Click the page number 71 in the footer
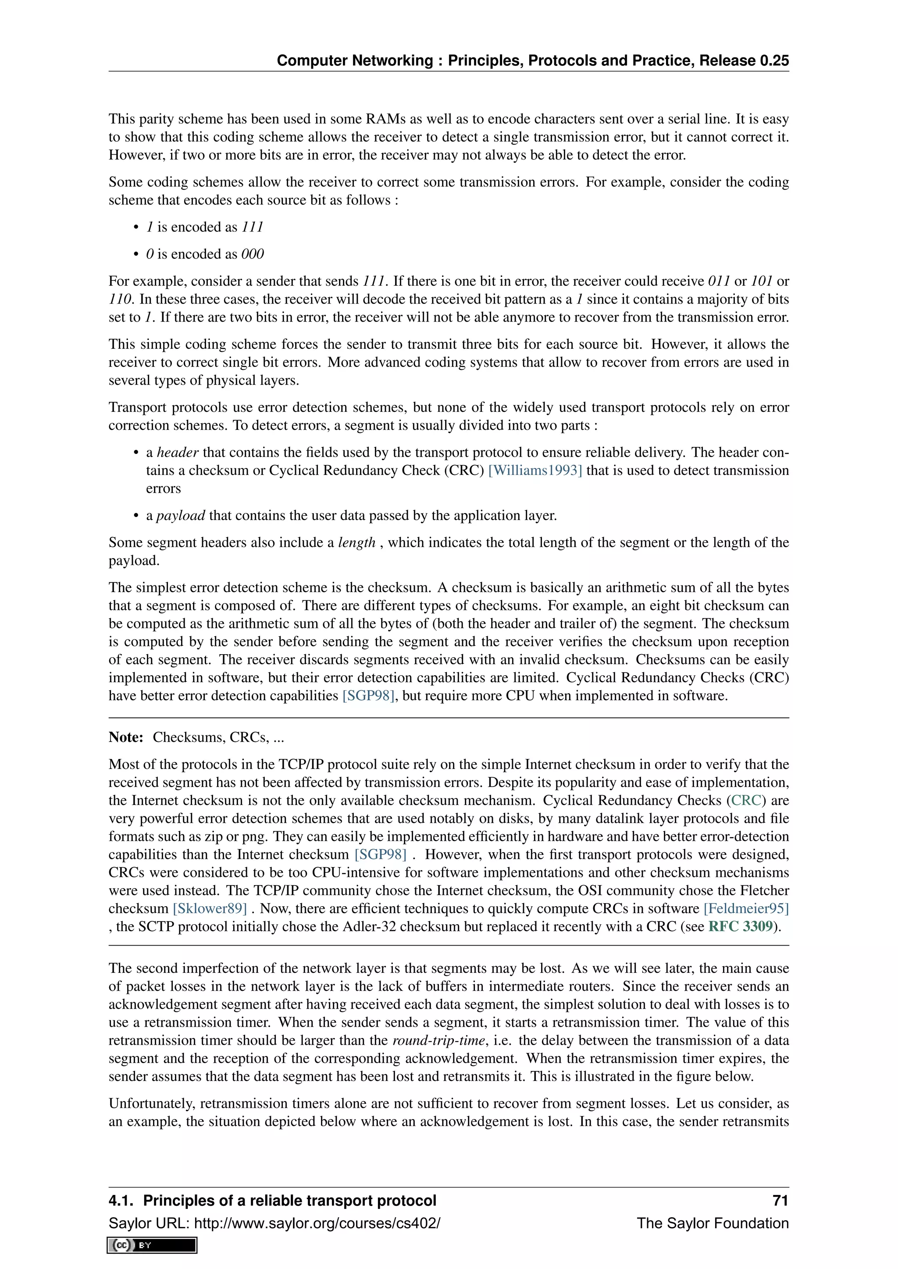780,1201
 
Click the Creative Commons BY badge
152,1245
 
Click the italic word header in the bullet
178,452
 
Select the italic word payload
181,515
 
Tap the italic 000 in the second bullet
252,254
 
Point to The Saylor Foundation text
712,1223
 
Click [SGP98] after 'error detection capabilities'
368,695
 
